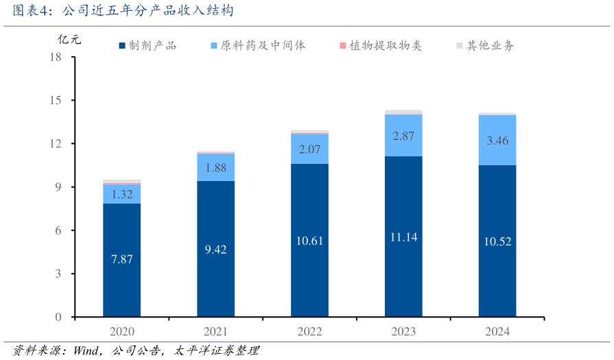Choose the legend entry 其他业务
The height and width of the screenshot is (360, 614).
[486, 46]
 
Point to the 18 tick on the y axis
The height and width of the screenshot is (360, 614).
[56, 57]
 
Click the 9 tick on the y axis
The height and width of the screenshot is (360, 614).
[58, 187]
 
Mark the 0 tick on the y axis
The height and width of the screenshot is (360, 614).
[58, 317]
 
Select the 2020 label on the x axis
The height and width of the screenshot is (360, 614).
[122, 332]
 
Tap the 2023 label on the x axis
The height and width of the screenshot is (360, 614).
[403, 332]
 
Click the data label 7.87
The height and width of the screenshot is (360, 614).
[122, 259]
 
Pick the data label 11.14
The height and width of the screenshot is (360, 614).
[403, 237]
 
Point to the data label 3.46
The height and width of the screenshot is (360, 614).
[497, 141]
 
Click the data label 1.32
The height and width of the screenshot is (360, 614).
[122, 194]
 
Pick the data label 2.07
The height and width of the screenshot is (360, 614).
[309, 148]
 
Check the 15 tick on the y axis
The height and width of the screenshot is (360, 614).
[56, 100]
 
